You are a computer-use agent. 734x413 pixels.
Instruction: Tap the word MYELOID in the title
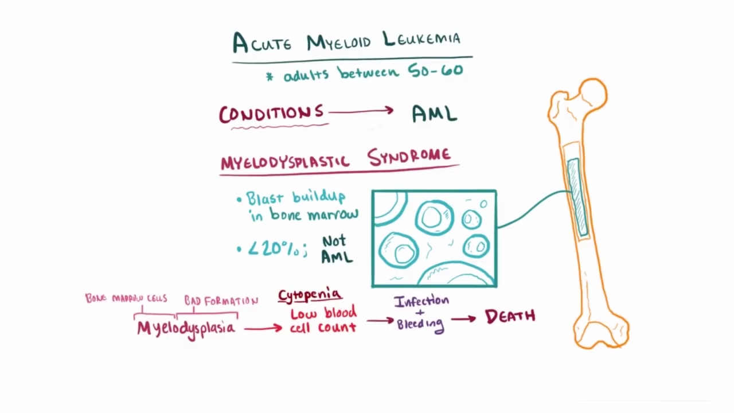(341, 42)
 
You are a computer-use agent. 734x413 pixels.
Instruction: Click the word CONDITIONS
(271, 113)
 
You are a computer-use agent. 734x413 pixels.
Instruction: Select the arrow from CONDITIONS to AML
(361, 111)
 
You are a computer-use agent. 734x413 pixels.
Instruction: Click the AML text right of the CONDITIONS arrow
(435, 114)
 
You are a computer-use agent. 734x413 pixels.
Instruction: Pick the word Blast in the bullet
(265, 198)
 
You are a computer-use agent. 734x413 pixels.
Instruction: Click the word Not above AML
(334, 240)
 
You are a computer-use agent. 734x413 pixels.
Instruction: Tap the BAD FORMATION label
(221, 301)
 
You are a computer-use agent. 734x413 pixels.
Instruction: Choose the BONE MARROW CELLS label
(126, 298)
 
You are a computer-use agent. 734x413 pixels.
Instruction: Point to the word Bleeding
(420, 324)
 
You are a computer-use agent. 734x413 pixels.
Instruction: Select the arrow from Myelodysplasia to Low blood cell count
(263, 328)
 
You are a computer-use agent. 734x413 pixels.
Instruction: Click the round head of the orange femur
(593, 92)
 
